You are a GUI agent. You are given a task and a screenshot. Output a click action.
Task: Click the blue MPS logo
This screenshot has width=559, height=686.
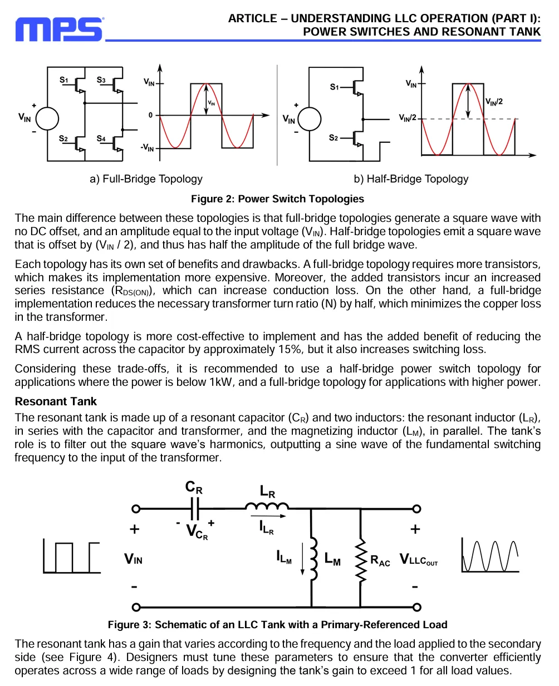(59, 29)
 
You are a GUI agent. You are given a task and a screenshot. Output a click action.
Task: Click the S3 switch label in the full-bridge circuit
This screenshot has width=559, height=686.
(101, 80)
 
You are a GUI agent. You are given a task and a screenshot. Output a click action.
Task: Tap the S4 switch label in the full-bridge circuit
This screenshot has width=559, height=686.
(101, 138)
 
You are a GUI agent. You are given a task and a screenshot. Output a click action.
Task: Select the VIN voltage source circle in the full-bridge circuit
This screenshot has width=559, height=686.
(47, 118)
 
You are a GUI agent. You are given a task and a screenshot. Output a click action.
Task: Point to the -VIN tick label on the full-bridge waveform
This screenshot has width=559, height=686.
(147, 148)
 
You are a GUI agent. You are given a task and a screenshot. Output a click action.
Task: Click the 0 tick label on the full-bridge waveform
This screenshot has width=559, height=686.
(150, 115)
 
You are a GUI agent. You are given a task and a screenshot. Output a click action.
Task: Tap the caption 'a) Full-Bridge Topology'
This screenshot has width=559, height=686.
(146, 179)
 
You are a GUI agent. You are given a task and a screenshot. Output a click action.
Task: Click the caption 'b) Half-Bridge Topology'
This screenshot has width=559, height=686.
(411, 179)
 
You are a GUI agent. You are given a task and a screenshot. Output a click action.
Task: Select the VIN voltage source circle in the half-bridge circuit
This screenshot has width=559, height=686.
(309, 119)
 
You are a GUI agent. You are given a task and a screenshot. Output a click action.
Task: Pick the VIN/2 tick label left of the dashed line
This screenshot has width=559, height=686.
(408, 118)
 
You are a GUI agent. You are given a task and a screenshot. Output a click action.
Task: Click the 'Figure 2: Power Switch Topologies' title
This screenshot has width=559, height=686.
(277, 198)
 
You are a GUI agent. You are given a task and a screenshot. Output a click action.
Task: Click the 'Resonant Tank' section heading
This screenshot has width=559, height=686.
(56, 401)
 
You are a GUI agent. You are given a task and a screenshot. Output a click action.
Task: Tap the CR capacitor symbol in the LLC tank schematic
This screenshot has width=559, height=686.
(195, 509)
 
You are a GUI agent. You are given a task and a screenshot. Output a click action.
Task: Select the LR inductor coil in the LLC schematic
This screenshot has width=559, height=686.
(267, 506)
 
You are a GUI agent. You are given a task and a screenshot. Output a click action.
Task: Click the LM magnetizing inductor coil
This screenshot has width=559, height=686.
(313, 559)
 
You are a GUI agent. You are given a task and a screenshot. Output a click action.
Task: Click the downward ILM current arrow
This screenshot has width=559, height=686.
(302, 559)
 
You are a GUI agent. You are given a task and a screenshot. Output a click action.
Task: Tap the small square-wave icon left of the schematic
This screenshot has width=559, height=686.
(72, 557)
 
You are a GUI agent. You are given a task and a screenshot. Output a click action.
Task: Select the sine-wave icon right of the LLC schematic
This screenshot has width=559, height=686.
(490, 555)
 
